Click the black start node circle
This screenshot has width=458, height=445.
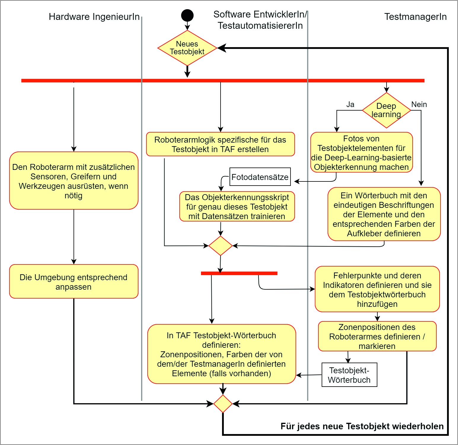pyautogui.click(x=187, y=15)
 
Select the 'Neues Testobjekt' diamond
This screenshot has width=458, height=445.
pyautogui.click(x=187, y=48)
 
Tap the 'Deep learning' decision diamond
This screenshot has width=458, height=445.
pyautogui.click(x=386, y=110)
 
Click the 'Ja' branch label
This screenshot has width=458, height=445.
pyautogui.click(x=350, y=104)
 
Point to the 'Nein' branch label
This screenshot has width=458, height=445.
pyautogui.click(x=419, y=104)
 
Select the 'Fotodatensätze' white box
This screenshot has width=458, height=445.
pyautogui.click(x=260, y=177)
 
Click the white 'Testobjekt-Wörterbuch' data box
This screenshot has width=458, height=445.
pyautogui.click(x=349, y=375)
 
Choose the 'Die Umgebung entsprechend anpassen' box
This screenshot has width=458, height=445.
pyautogui.click(x=74, y=282)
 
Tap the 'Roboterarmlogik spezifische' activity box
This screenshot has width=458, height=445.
pyautogui.click(x=220, y=144)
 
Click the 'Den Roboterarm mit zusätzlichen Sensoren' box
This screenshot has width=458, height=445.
pyautogui.click(x=74, y=181)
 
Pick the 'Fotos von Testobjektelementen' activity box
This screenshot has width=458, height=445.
pyautogui.click(x=361, y=153)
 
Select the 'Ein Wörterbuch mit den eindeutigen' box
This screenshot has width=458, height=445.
pyautogui.click(x=384, y=214)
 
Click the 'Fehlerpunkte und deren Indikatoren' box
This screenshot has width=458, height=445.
pyautogui.click(x=377, y=289)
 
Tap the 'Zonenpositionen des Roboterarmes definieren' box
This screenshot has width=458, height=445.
pyautogui.click(x=377, y=336)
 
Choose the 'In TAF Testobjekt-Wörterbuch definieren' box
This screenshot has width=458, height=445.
pyautogui.click(x=221, y=354)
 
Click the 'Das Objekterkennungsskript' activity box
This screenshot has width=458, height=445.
pyautogui.click(x=237, y=207)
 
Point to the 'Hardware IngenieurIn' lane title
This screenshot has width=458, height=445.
pyautogui.click(x=94, y=17)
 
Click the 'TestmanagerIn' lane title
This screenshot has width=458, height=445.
pyautogui.click(x=415, y=17)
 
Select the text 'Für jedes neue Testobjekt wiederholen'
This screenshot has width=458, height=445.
pyautogui.click(x=362, y=426)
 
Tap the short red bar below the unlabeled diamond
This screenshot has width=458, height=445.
pyautogui.click(x=239, y=273)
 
